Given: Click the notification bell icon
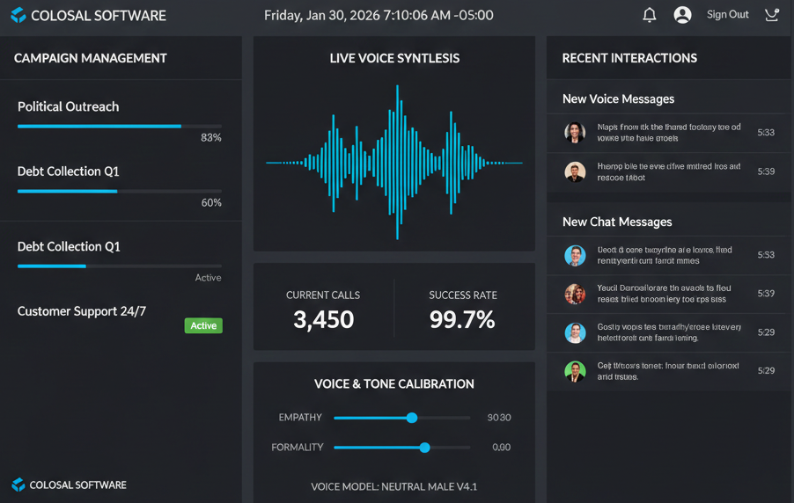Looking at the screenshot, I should [x=650, y=15].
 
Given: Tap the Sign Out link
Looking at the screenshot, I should [x=727, y=15].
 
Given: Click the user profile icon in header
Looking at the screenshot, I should [x=682, y=15].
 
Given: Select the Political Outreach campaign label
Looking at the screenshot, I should [x=69, y=106].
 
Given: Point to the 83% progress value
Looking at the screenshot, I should [x=211, y=137].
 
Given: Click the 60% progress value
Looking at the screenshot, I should [x=211, y=202].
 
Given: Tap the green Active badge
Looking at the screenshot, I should [x=203, y=325].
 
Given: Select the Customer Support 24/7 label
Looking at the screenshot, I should [x=82, y=311].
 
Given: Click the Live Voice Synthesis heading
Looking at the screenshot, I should [x=394, y=58].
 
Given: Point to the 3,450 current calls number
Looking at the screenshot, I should [x=323, y=319].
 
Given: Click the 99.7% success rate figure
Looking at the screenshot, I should [x=462, y=319].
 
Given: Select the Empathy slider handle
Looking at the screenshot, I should [x=412, y=418].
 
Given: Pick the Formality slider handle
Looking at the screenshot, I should [x=425, y=448].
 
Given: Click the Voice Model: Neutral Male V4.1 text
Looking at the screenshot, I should [x=394, y=486].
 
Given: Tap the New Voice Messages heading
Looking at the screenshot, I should [x=618, y=99].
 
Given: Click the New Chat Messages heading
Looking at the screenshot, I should [x=617, y=222].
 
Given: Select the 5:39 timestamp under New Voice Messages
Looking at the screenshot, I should [x=766, y=171].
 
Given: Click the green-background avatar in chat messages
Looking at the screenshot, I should [x=575, y=371].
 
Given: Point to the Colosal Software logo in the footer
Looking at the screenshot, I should [x=18, y=485].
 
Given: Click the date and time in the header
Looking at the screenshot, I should [x=379, y=15].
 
